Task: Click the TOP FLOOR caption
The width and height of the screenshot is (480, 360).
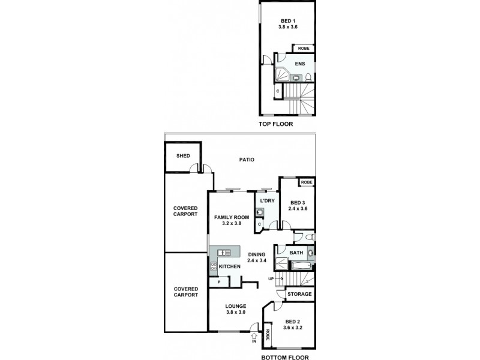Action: [x=275, y=125]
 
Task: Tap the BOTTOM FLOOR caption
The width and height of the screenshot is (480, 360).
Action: [x=285, y=357]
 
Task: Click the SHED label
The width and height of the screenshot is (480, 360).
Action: [x=183, y=156]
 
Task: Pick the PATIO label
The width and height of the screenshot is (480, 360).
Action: [x=247, y=160]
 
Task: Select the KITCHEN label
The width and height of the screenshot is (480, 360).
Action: [x=230, y=266]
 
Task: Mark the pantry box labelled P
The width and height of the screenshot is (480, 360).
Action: [x=219, y=282]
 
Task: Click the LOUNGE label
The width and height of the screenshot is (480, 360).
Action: [x=236, y=306]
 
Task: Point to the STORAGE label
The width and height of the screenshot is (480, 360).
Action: [x=299, y=294]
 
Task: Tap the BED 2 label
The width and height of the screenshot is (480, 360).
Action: [x=294, y=321]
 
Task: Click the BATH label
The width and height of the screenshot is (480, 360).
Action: [x=296, y=253]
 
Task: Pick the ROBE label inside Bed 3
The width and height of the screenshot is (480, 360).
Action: [x=307, y=182]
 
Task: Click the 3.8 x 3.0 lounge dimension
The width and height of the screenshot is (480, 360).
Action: [x=236, y=313]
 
